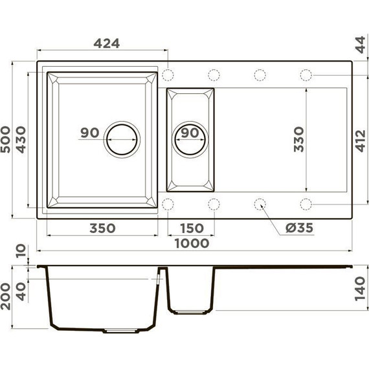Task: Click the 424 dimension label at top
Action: tap(106, 43)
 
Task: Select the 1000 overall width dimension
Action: tap(192, 243)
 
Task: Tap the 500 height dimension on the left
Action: tap(7, 139)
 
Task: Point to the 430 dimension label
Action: tap(21, 139)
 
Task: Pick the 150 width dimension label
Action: tap(191, 228)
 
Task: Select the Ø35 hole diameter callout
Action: tap(298, 228)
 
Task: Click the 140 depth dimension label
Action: tap(361, 286)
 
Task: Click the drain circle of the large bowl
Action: tap(122, 138)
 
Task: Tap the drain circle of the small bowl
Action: tap(190, 138)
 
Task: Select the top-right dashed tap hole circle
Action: tap(306, 74)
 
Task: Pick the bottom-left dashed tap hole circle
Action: tap(168, 205)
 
